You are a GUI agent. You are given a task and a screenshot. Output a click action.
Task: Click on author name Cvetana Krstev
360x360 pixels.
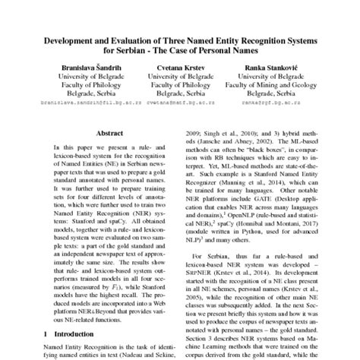pyautogui.click(x=180, y=68)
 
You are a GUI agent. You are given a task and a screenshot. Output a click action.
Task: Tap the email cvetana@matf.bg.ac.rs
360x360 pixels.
pyautogui.click(x=179, y=100)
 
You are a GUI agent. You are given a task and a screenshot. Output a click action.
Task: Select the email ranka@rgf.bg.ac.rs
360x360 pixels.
pyautogui.click(x=270, y=100)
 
